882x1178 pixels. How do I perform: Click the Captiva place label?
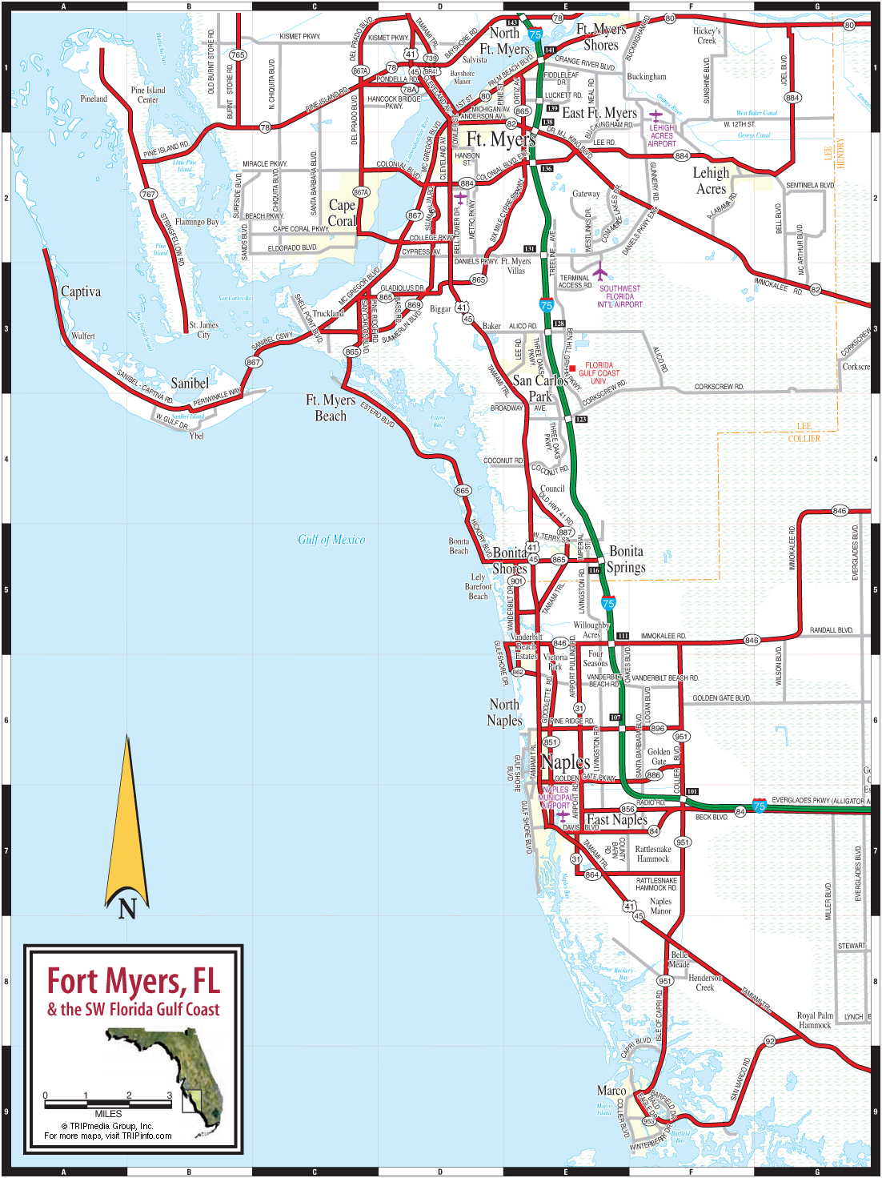[x=81, y=291]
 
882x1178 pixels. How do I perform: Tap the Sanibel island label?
[x=190, y=383]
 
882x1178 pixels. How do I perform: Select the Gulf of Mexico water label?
[x=331, y=540]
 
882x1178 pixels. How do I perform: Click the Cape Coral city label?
[x=342, y=213]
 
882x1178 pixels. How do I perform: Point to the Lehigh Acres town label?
[x=711, y=181]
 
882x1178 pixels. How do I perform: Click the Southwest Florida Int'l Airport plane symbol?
[x=599, y=271]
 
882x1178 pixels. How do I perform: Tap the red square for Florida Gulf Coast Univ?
[x=572, y=368]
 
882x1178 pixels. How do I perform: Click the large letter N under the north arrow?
[x=127, y=908]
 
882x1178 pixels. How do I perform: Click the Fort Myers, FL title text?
[x=133, y=981]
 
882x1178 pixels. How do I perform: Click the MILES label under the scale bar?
[x=108, y=1114]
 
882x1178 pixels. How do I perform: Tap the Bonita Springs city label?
[x=626, y=559]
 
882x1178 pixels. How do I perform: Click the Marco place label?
[x=611, y=1091]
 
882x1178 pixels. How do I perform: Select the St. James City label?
[x=203, y=330]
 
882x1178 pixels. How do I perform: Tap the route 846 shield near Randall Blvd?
[x=752, y=640]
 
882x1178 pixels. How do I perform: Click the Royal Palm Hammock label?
[x=815, y=1020]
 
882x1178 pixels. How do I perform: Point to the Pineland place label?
[x=94, y=99]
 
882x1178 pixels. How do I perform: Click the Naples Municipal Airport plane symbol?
[x=563, y=816]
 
